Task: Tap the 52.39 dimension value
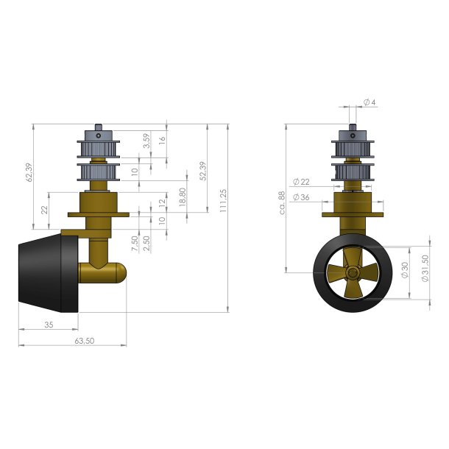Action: [x=202, y=171]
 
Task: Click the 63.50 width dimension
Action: [x=85, y=342]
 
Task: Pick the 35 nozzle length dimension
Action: [x=49, y=324]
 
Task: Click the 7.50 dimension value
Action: [x=135, y=242]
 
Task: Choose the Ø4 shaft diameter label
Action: [x=370, y=102]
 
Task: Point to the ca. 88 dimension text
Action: [x=280, y=202]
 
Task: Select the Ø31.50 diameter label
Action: [x=425, y=269]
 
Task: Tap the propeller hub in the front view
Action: [x=353, y=272]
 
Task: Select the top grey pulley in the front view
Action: [x=353, y=146]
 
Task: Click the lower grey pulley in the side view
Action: [x=96, y=174]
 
